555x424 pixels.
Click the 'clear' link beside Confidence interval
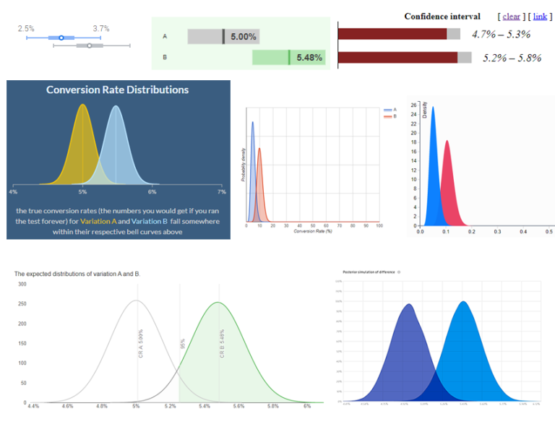(511, 17)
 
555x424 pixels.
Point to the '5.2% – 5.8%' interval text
(512, 58)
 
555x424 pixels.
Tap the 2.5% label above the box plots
(26, 28)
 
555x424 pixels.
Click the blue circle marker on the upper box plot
(61, 37)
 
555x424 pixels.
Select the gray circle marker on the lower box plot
(89, 46)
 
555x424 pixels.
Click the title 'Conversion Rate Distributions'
(117, 90)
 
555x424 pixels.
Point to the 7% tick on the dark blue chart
(221, 192)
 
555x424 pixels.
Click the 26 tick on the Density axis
(413, 105)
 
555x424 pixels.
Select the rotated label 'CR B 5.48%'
(221, 343)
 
